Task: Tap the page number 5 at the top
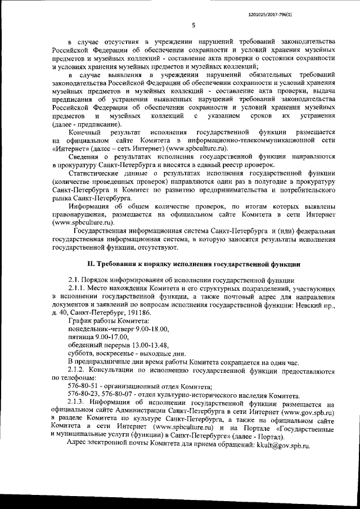pyautogui.click(x=193, y=24)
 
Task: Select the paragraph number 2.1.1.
pyautogui.click(x=78, y=287)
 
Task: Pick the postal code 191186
pyautogui.click(x=137, y=311)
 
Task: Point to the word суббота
pyautogui.click(x=82, y=353)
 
